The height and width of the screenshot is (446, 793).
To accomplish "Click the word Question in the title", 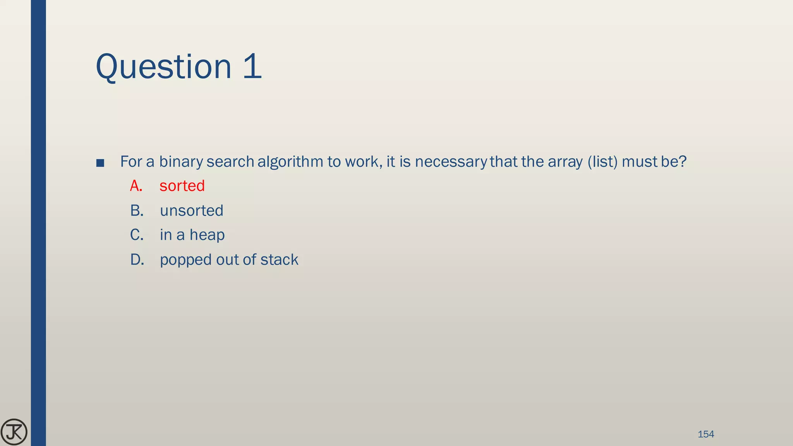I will point(163,67).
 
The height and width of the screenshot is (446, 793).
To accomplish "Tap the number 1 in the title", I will point(252,67).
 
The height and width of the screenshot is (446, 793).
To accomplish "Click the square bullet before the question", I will point(100,163).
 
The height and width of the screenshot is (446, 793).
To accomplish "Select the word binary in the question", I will point(181,162).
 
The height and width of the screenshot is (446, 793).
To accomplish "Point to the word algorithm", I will point(290,162).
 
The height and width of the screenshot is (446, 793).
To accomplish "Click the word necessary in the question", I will point(450,162).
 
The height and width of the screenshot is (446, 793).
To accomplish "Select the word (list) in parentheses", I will point(602,162).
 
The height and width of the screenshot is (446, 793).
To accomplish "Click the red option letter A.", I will point(136,186).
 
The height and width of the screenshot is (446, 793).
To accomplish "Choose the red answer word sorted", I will point(182,186).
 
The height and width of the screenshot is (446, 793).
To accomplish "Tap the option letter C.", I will point(137,235).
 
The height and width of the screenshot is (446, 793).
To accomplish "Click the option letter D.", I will point(137,260).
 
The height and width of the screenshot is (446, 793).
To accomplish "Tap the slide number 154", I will point(705,434).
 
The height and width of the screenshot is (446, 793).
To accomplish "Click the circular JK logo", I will point(14,432).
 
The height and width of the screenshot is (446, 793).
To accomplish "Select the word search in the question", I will point(230,162).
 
